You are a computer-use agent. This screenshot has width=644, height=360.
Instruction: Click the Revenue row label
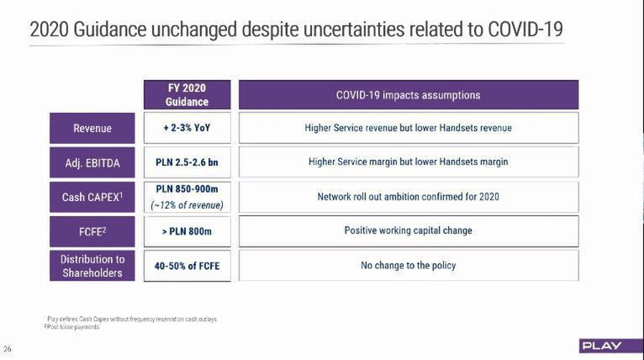(92, 128)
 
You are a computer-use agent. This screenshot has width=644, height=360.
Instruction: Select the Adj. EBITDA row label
(92, 161)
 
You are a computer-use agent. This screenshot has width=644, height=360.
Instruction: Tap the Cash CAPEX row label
(92, 197)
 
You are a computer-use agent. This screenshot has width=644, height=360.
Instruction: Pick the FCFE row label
(92, 230)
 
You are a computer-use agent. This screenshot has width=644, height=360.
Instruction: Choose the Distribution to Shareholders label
(92, 265)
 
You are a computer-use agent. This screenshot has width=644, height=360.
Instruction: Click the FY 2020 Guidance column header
(187, 94)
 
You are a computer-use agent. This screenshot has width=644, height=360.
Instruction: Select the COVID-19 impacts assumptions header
(408, 94)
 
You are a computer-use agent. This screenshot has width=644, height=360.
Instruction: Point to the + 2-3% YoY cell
(187, 128)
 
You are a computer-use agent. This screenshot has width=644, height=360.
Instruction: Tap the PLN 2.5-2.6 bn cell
(187, 161)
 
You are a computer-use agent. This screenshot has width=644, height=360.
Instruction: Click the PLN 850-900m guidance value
(187, 190)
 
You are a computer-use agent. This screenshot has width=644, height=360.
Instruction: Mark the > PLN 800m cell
(187, 230)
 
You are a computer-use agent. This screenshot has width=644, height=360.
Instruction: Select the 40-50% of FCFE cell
(187, 265)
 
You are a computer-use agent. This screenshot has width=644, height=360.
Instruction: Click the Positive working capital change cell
(408, 230)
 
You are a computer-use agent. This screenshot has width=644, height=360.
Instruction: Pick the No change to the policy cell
(408, 265)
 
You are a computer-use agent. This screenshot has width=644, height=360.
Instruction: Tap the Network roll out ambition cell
(408, 197)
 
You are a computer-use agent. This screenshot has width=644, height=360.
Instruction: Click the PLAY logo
(600, 346)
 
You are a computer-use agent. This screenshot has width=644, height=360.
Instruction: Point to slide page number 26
(8, 349)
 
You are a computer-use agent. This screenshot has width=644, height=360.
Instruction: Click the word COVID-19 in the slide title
(524, 30)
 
